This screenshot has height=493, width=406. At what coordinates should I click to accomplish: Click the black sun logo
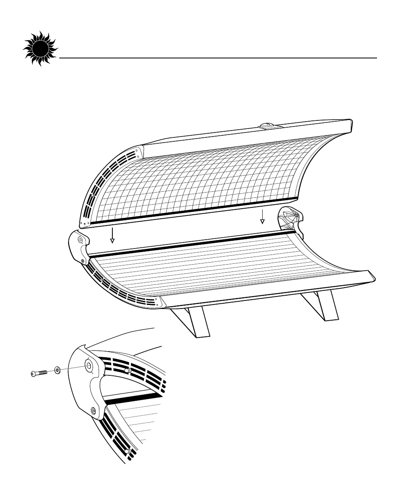point(40,50)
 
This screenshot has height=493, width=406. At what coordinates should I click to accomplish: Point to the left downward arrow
point(113,236)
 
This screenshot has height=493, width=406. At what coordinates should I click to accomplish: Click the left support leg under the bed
point(193,322)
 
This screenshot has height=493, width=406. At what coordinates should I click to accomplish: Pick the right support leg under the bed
point(322,306)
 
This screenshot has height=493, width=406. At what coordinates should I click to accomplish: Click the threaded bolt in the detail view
point(39,373)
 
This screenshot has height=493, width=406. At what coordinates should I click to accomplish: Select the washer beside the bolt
point(58,369)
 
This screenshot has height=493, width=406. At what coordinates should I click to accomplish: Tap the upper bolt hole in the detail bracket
point(88,365)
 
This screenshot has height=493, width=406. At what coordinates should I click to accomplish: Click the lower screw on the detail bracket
point(94,410)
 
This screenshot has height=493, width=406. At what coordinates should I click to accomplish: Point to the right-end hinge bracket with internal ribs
point(291,219)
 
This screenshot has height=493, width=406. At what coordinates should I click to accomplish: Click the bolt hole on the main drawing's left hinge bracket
point(80,240)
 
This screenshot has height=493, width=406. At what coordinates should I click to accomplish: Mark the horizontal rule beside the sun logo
point(217,58)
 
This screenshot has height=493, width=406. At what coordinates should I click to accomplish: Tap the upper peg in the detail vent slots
point(127,370)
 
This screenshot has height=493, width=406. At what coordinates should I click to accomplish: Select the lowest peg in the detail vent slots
point(127,452)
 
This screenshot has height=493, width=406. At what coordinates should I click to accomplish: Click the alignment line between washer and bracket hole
point(72,367)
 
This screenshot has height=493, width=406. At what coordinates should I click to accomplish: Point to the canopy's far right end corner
point(351,121)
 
